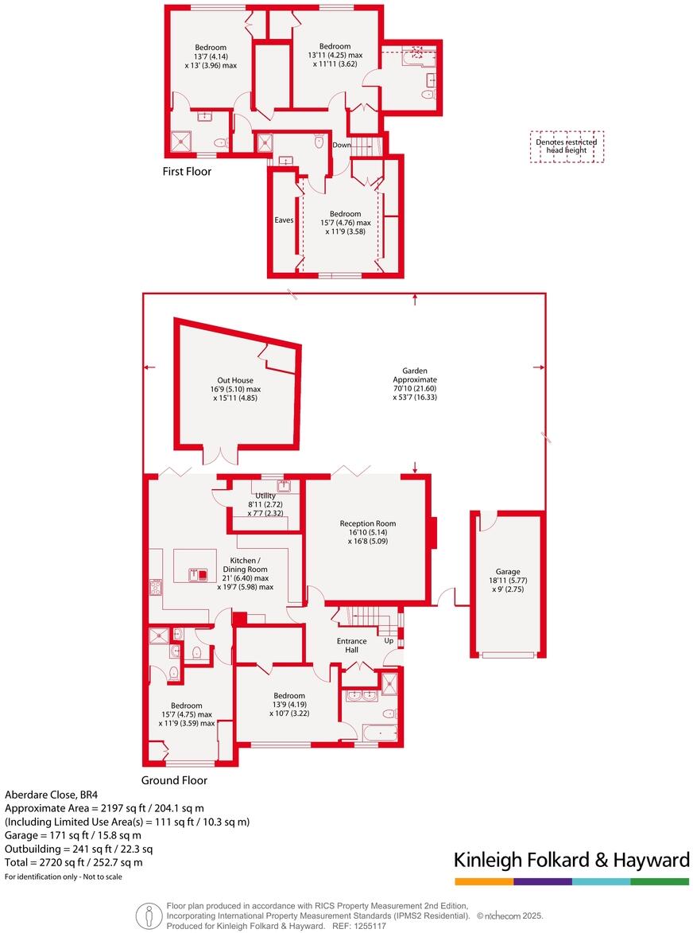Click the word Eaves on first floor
(285, 220)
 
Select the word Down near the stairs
(341, 146)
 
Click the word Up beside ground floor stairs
(389, 640)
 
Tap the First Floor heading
(187, 171)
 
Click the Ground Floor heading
(174, 780)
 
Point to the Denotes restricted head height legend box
(567, 146)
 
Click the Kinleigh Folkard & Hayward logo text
(571, 860)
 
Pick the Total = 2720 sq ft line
(74, 862)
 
